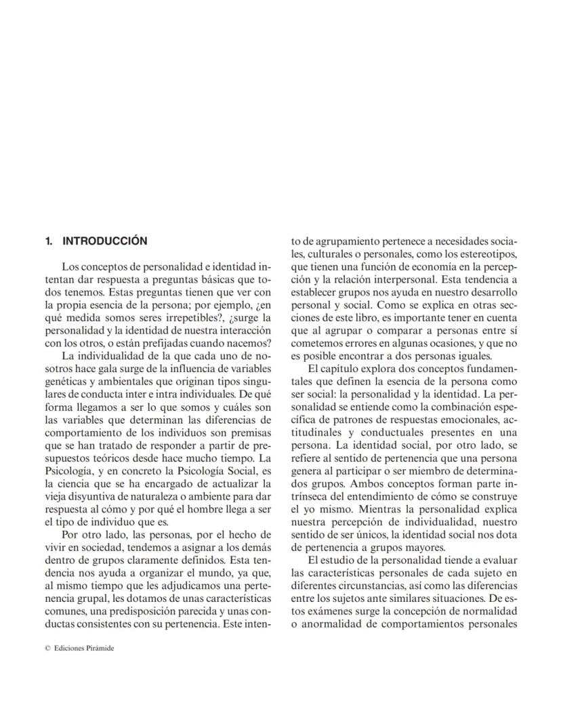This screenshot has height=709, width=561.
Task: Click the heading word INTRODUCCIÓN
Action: point(104,241)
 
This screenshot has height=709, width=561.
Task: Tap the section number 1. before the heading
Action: point(49,241)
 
